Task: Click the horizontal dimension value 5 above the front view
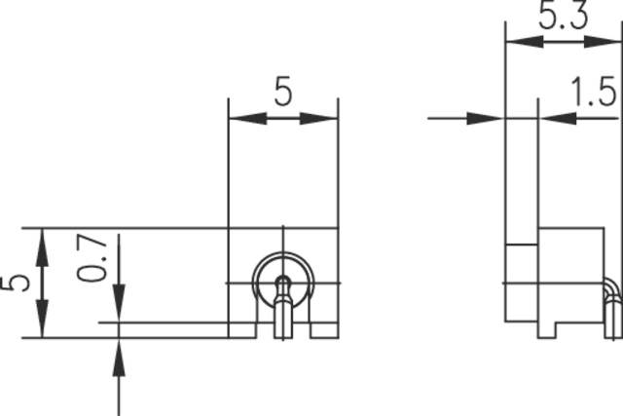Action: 282,92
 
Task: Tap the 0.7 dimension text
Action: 93,257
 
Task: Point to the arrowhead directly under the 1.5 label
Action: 555,118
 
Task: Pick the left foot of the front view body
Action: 242,330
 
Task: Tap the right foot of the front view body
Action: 323,330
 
